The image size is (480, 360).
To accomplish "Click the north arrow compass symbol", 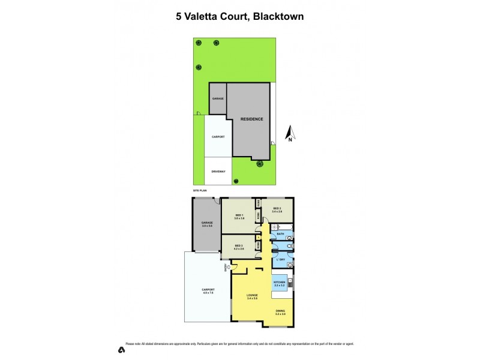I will pos(289,133).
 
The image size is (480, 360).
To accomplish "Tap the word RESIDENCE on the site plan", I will pos(252,119).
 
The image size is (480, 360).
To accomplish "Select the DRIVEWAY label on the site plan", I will pos(218,172).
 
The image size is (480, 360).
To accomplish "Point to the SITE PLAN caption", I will pos(200,190).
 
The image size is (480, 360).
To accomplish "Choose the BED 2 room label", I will pos(277,209).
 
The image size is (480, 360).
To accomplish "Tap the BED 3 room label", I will pos(238,245).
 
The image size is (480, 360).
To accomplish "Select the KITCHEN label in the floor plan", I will pos(279,282).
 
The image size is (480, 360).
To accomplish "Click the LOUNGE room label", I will pos(251,295).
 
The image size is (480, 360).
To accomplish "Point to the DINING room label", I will pos(280,310).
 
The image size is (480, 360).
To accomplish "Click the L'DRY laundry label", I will pos(280,259).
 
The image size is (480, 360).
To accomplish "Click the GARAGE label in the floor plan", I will pos(207,223).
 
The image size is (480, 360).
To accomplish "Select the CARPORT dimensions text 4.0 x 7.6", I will pos(208,293).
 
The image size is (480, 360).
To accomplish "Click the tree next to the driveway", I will pos(236,181).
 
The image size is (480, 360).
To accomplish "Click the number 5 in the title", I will pos(179,16).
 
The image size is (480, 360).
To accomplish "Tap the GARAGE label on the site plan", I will pos(217,98).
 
